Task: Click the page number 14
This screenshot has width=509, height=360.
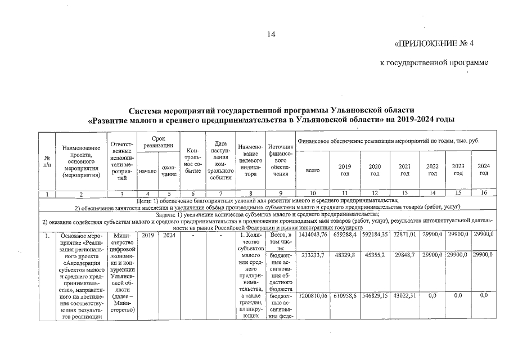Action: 271,35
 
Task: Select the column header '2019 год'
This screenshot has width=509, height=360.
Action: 344,169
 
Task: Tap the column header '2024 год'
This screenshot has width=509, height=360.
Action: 483,169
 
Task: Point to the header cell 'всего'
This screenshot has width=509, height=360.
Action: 313,169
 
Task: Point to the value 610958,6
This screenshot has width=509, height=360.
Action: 344,295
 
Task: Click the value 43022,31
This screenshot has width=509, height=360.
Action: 404,295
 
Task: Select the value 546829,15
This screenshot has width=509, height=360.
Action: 375,295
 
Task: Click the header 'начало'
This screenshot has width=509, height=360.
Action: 147,171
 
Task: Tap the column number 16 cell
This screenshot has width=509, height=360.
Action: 483,194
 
